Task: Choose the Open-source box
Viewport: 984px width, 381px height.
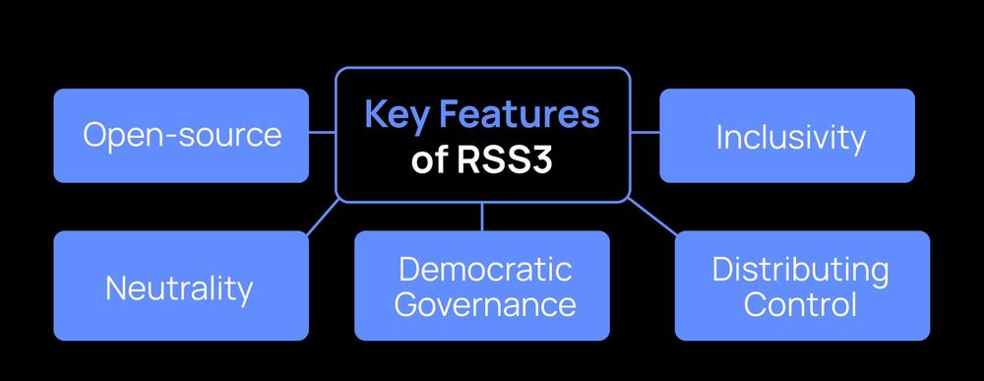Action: coord(181,136)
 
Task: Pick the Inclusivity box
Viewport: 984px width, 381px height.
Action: coord(787,136)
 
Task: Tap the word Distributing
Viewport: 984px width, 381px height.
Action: coord(801,268)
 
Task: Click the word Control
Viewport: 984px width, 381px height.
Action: coord(801,303)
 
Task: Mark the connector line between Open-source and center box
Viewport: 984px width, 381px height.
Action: coord(322,131)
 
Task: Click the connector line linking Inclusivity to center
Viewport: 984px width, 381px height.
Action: coord(645,131)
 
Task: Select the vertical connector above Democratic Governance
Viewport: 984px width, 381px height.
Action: coord(482,217)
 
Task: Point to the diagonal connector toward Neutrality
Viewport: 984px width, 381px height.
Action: coord(323,217)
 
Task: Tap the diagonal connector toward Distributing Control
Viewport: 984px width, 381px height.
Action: coord(650,216)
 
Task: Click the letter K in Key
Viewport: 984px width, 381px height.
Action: coord(375,114)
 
